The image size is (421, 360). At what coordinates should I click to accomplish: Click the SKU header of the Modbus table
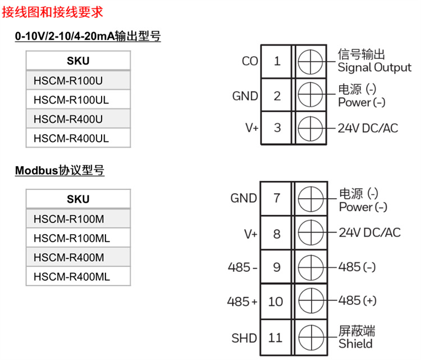(77, 199)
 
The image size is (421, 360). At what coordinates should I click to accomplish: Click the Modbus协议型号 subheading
(60, 170)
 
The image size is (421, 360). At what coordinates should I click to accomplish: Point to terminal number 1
(277, 61)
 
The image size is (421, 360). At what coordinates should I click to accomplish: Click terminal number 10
(276, 302)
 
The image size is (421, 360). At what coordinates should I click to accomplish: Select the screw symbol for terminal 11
(310, 338)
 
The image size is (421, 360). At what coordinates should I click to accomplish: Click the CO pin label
(249, 61)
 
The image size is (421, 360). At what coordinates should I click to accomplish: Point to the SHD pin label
(244, 338)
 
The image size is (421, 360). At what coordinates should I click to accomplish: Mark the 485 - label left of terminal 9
(242, 267)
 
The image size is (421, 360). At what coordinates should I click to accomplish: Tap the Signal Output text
(374, 68)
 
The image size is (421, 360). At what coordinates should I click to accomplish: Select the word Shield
(355, 344)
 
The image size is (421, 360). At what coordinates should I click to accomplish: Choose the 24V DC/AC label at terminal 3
(367, 128)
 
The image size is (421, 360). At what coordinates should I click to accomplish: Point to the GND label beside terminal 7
(244, 198)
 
